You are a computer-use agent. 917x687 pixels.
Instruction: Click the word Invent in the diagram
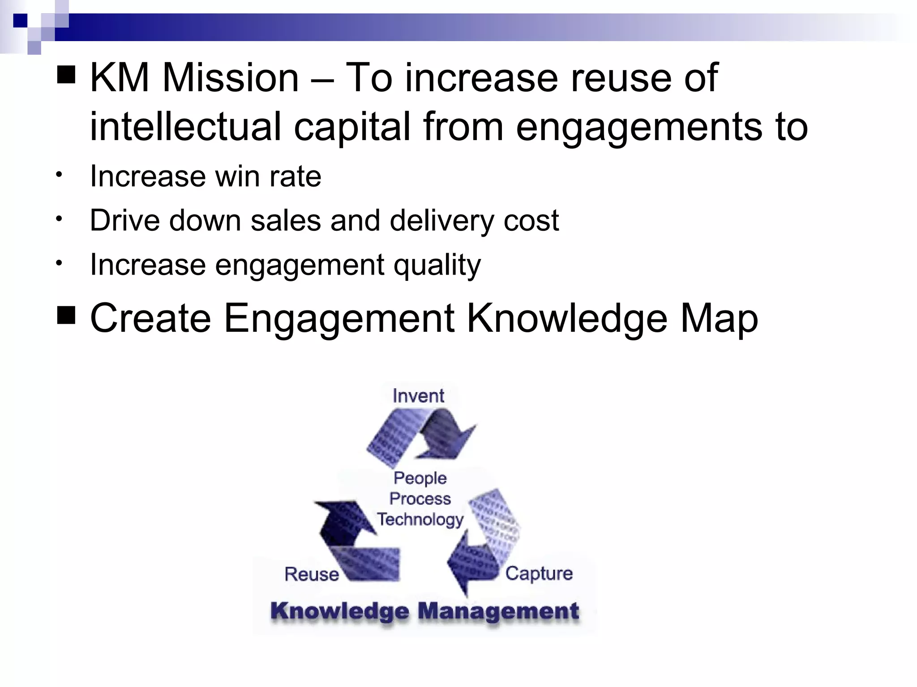pos(418,396)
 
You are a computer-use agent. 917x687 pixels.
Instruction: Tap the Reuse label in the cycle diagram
pos(312,574)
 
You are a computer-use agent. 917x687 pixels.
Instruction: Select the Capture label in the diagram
pos(539,574)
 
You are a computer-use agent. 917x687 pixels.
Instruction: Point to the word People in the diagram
pos(420,479)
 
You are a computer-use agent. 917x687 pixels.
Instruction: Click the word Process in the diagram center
pos(420,499)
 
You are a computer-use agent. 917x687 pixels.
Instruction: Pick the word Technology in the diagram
pos(420,520)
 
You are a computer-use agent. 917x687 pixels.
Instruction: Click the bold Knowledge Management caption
pos(424,611)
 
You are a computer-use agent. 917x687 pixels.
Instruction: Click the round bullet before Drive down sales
pos(59,219)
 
